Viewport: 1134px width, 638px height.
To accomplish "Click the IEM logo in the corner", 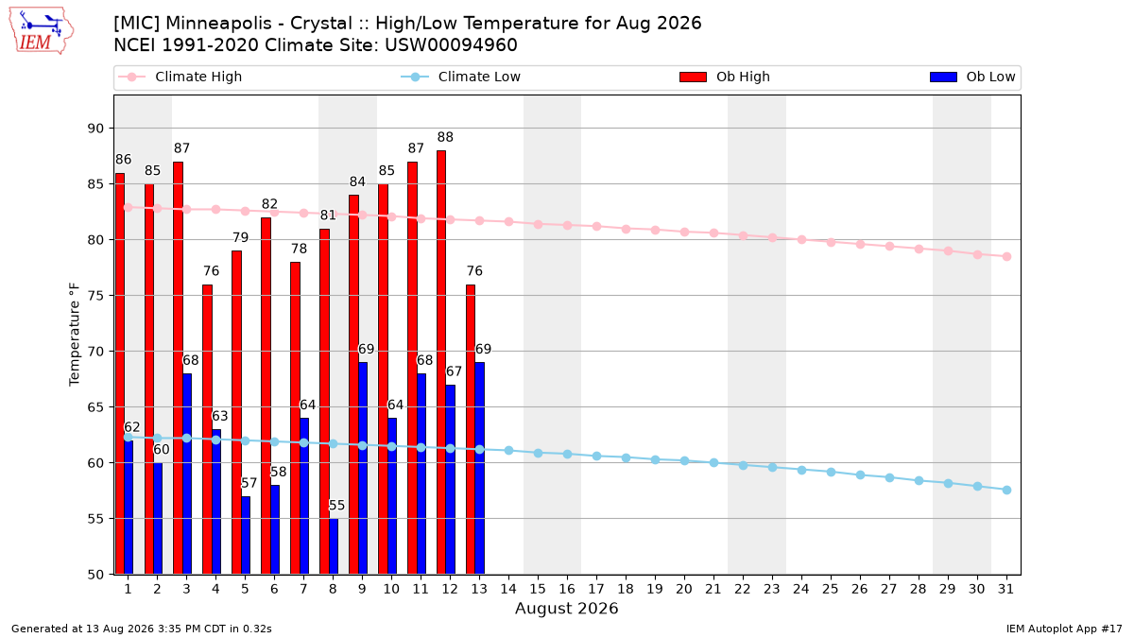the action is [x=41, y=31].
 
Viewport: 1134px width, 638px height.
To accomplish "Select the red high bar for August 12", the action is [x=441, y=362].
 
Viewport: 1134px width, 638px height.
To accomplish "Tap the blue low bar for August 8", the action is [x=333, y=546].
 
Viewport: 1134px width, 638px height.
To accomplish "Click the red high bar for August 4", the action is [x=207, y=429].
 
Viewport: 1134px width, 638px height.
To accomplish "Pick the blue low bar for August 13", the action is [x=479, y=469].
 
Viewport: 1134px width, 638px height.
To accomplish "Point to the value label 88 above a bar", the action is [x=445, y=137].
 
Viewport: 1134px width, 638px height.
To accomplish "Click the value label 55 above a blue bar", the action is [x=336, y=506].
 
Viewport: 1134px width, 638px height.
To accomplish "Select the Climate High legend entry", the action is [x=180, y=77].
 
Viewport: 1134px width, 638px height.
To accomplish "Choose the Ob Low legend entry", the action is [x=972, y=77].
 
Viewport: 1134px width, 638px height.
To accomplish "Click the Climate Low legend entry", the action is [x=460, y=77].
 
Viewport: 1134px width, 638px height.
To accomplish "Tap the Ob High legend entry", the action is [x=725, y=77].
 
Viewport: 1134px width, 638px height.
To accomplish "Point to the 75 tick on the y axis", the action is [x=95, y=296].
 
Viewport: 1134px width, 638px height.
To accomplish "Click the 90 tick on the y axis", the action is [x=95, y=129].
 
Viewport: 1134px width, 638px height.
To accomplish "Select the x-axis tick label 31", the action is [x=1005, y=589].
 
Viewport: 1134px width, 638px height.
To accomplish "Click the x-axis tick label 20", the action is [x=684, y=589].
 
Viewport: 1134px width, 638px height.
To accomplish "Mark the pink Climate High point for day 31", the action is [x=1006, y=257].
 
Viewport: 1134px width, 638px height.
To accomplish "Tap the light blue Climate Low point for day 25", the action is [x=831, y=472].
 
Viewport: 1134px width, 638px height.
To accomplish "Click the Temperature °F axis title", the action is [x=75, y=335].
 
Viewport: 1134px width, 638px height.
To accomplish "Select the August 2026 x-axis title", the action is [x=566, y=608].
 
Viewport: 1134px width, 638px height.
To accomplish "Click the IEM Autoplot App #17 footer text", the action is [x=1064, y=629].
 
